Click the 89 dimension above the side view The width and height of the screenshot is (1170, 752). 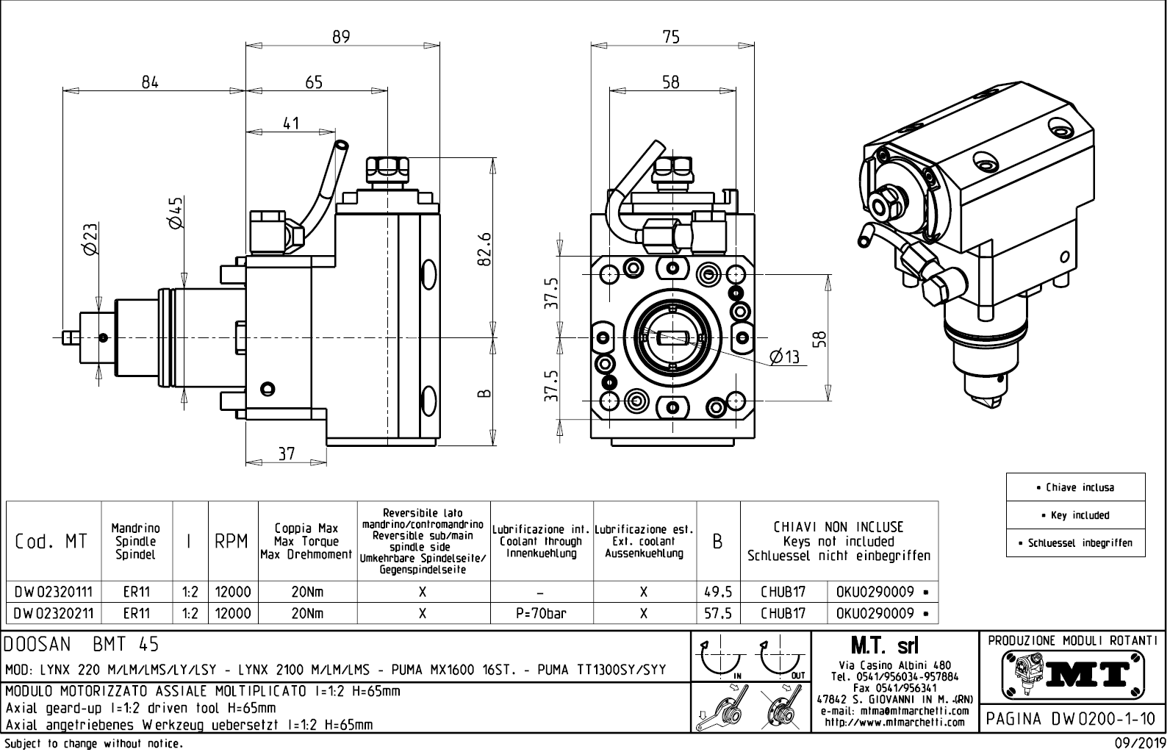point(341,36)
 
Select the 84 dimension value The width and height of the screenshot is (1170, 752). point(150,82)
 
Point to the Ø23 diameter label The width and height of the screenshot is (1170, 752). point(90,240)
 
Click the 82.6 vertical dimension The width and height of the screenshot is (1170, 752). point(484,250)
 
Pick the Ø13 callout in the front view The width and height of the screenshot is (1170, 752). point(783,357)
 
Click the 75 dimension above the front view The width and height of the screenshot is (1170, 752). point(670,36)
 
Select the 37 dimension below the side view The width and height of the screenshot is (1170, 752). point(287,454)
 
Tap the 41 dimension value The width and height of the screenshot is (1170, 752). point(291,123)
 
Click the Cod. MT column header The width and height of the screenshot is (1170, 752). point(51,542)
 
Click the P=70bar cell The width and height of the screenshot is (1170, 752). point(541,613)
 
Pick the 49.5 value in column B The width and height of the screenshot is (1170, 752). point(717,592)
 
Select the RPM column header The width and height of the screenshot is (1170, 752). point(232,542)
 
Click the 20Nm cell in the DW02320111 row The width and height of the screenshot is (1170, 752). point(307,592)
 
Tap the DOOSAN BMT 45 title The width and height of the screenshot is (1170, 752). point(82,645)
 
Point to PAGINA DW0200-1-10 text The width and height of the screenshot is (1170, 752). point(1070,719)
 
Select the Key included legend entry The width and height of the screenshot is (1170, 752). point(1076,515)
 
